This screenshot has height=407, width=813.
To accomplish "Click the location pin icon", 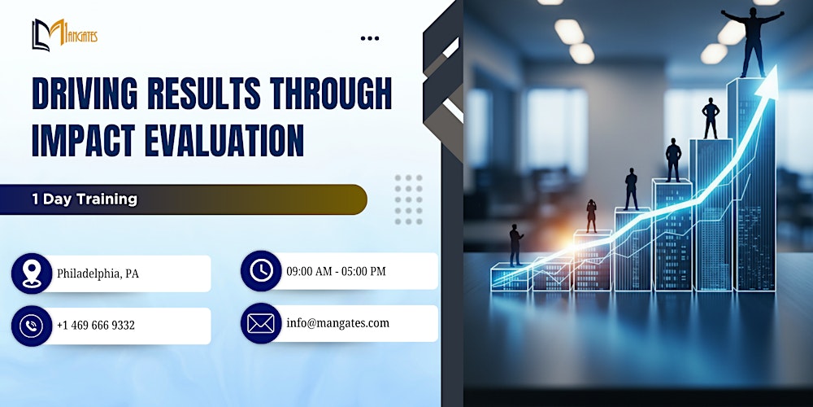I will [x=32, y=274].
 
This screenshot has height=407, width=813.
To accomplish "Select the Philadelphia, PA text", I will [x=98, y=274].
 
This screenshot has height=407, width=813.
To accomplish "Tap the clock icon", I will [x=261, y=271].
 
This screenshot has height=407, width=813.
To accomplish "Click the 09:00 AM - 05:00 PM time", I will [x=336, y=271].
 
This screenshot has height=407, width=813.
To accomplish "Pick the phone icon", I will [x=32, y=326].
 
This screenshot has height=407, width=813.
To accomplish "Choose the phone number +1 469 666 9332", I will [x=96, y=326].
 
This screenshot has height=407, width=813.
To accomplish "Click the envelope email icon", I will [x=261, y=323].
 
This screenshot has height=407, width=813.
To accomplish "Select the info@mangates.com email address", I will [x=337, y=323].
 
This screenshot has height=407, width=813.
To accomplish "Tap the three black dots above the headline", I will [x=369, y=38].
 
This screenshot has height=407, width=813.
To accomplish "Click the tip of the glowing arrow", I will [x=773, y=70].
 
